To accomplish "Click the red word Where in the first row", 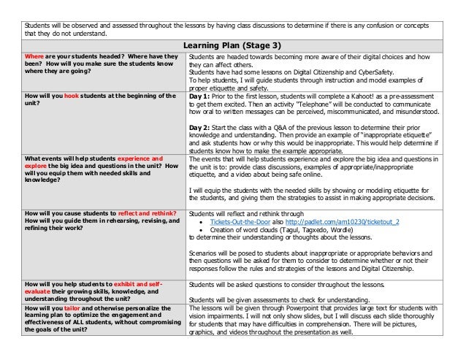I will (x=34, y=56).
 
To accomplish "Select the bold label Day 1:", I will (x=200, y=95).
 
